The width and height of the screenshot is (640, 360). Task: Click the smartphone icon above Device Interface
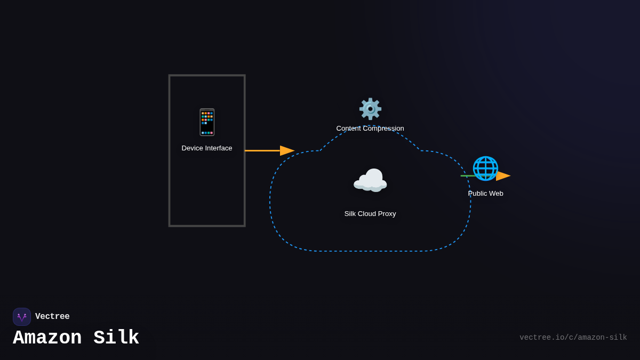[x=207, y=122]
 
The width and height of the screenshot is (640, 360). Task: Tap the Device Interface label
[x=207, y=148]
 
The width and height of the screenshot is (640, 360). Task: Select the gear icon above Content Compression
[x=370, y=109]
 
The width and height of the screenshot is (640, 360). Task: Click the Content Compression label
[x=370, y=129]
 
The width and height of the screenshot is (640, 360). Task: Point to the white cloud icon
[x=370, y=180]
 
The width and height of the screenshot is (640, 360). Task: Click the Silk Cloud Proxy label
[x=370, y=214]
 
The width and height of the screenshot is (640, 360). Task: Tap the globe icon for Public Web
[x=485, y=169]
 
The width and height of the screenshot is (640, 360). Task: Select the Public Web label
[x=485, y=194]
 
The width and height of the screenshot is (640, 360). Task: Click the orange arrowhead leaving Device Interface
[x=287, y=151]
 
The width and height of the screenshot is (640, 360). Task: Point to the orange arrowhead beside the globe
[x=503, y=176]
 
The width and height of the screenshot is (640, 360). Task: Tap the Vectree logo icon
[x=22, y=317]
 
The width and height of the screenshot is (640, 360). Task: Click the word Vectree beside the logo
[x=52, y=317]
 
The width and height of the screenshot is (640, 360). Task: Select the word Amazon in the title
[x=47, y=338]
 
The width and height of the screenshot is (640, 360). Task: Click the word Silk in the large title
[x=116, y=338]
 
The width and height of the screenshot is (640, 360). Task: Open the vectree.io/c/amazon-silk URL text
[x=573, y=338]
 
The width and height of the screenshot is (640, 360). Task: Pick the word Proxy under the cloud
[x=385, y=214]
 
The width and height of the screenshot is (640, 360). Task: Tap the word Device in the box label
[x=193, y=148]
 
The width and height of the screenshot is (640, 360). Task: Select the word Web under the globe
[x=495, y=194]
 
